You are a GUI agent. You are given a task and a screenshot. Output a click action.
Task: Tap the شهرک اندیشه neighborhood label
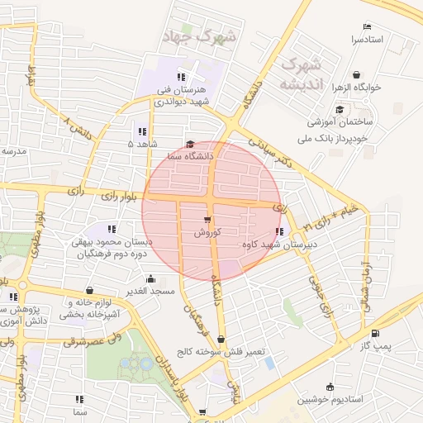point(300,74)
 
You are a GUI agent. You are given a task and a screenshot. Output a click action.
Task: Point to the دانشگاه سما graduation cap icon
point(190,143)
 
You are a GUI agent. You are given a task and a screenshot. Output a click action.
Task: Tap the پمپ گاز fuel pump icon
point(377,334)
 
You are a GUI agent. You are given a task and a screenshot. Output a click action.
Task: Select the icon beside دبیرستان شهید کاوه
point(278,232)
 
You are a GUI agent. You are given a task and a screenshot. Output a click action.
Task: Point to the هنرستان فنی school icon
point(182,77)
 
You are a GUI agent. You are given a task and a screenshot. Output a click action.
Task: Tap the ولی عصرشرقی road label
point(78,340)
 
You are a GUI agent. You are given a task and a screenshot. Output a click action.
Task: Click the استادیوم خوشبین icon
point(330,387)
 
